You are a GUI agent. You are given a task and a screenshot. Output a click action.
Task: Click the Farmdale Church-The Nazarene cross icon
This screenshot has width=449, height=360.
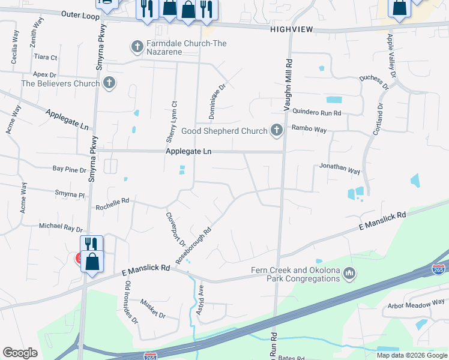137,46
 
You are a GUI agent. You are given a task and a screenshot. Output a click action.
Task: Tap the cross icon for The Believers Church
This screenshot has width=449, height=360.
109,83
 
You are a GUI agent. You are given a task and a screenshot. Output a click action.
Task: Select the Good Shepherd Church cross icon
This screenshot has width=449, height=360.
276,130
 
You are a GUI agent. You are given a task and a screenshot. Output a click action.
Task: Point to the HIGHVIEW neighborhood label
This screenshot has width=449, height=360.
291,29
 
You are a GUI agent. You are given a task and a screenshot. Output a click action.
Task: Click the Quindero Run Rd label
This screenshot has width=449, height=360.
316,112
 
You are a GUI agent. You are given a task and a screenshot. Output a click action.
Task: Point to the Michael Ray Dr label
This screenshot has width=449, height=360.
61,227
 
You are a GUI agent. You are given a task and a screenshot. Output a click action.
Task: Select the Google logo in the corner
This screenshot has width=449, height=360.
20,353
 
